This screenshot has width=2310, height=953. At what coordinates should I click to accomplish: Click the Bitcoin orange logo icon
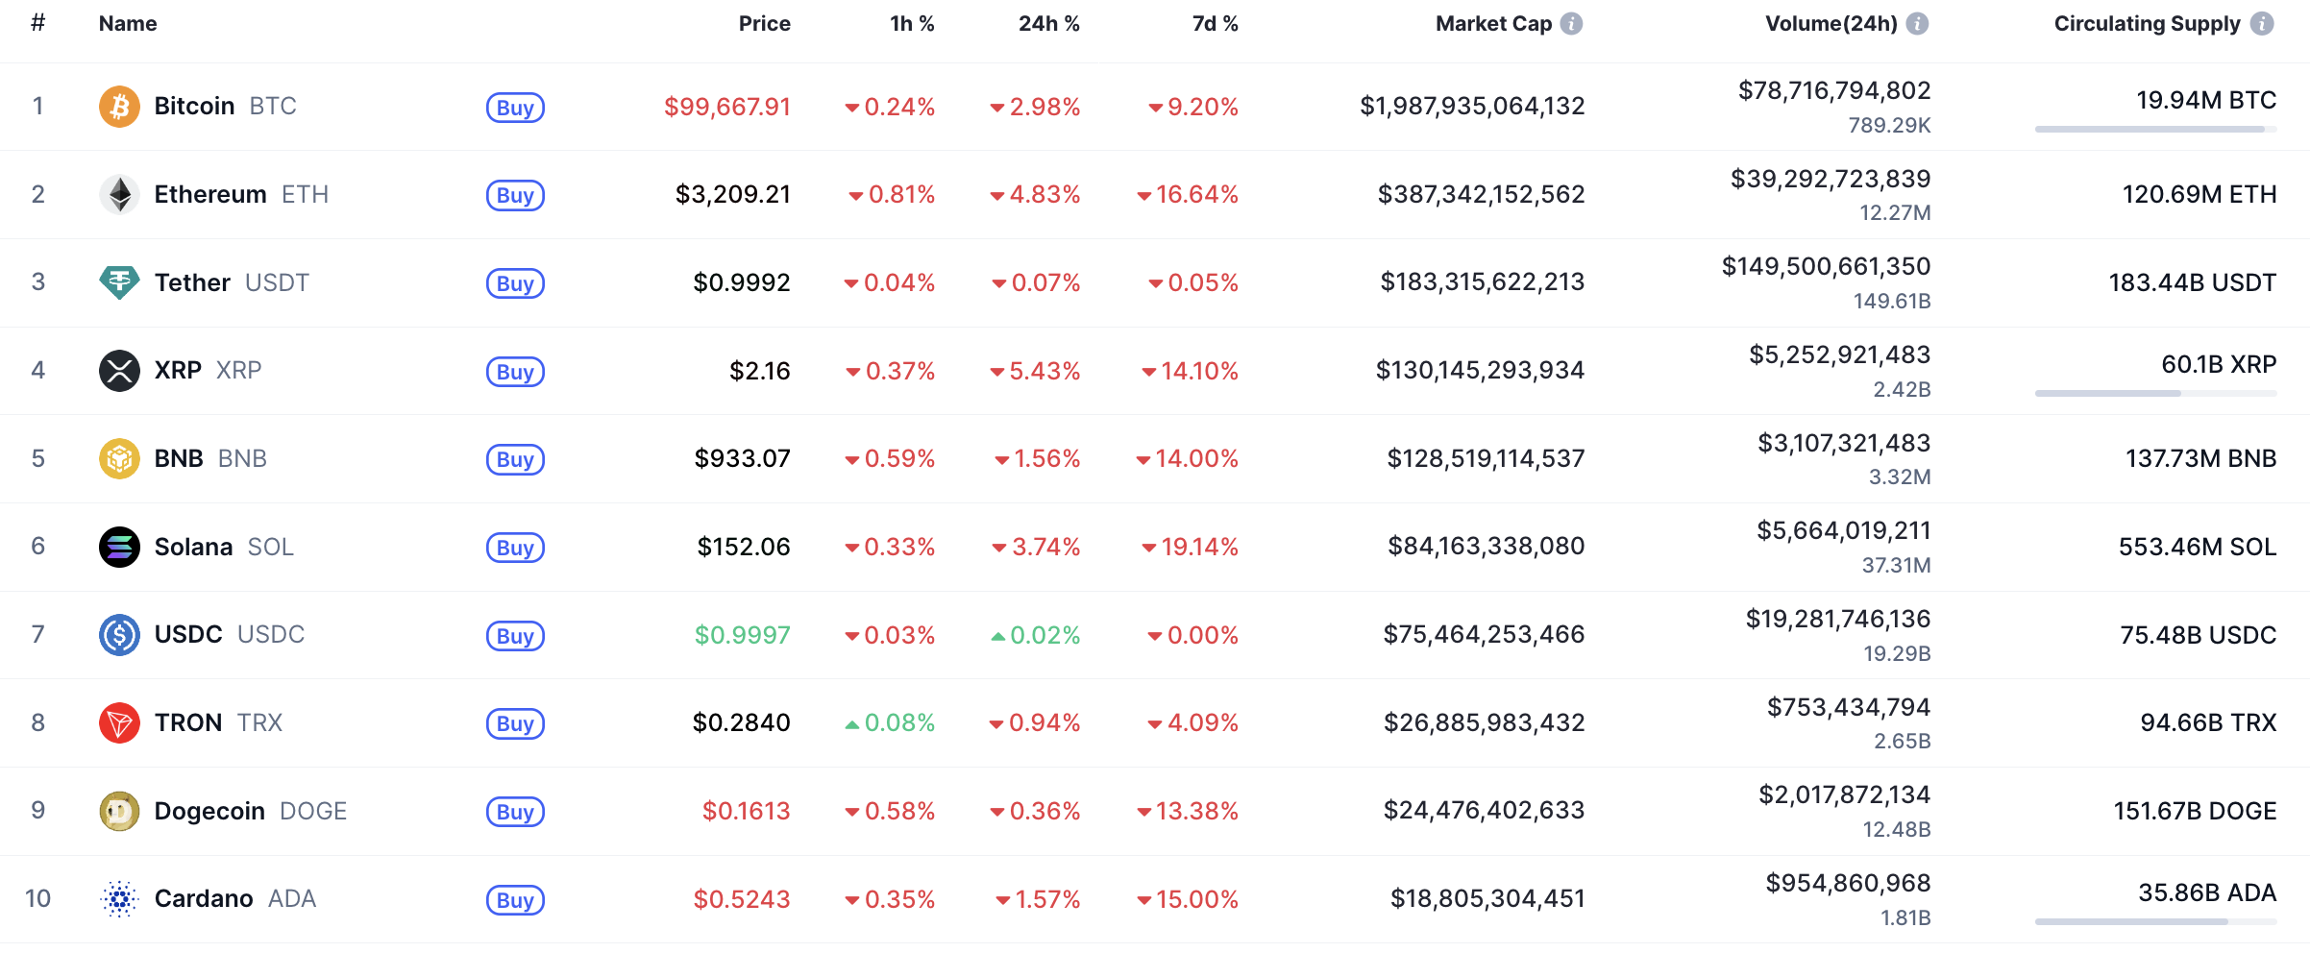click(119, 106)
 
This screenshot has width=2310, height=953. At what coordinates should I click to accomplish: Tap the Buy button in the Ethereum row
click(515, 195)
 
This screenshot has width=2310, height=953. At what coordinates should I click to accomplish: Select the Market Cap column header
click(1493, 24)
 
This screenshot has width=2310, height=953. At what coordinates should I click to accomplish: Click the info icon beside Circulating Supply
click(2263, 24)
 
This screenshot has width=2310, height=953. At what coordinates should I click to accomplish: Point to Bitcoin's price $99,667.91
click(726, 107)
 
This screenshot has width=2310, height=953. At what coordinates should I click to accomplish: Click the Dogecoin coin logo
click(119, 811)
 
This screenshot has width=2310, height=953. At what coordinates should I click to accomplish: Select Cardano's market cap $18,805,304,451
click(1487, 898)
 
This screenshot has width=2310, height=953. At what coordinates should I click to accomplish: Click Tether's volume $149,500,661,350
click(1826, 266)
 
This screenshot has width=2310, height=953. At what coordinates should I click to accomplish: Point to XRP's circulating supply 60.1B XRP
click(2218, 364)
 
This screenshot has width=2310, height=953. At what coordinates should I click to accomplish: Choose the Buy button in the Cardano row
click(515, 900)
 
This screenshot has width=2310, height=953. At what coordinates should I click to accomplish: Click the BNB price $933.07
click(742, 458)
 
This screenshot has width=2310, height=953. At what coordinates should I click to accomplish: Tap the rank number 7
click(38, 634)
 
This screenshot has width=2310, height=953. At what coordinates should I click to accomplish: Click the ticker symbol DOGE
click(313, 811)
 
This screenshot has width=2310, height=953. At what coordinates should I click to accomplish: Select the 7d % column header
click(1215, 24)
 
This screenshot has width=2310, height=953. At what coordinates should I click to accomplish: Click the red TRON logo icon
click(119, 722)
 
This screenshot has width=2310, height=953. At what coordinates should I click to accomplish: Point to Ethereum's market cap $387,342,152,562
click(1481, 194)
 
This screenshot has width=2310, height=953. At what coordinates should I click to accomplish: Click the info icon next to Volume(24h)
click(1917, 24)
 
